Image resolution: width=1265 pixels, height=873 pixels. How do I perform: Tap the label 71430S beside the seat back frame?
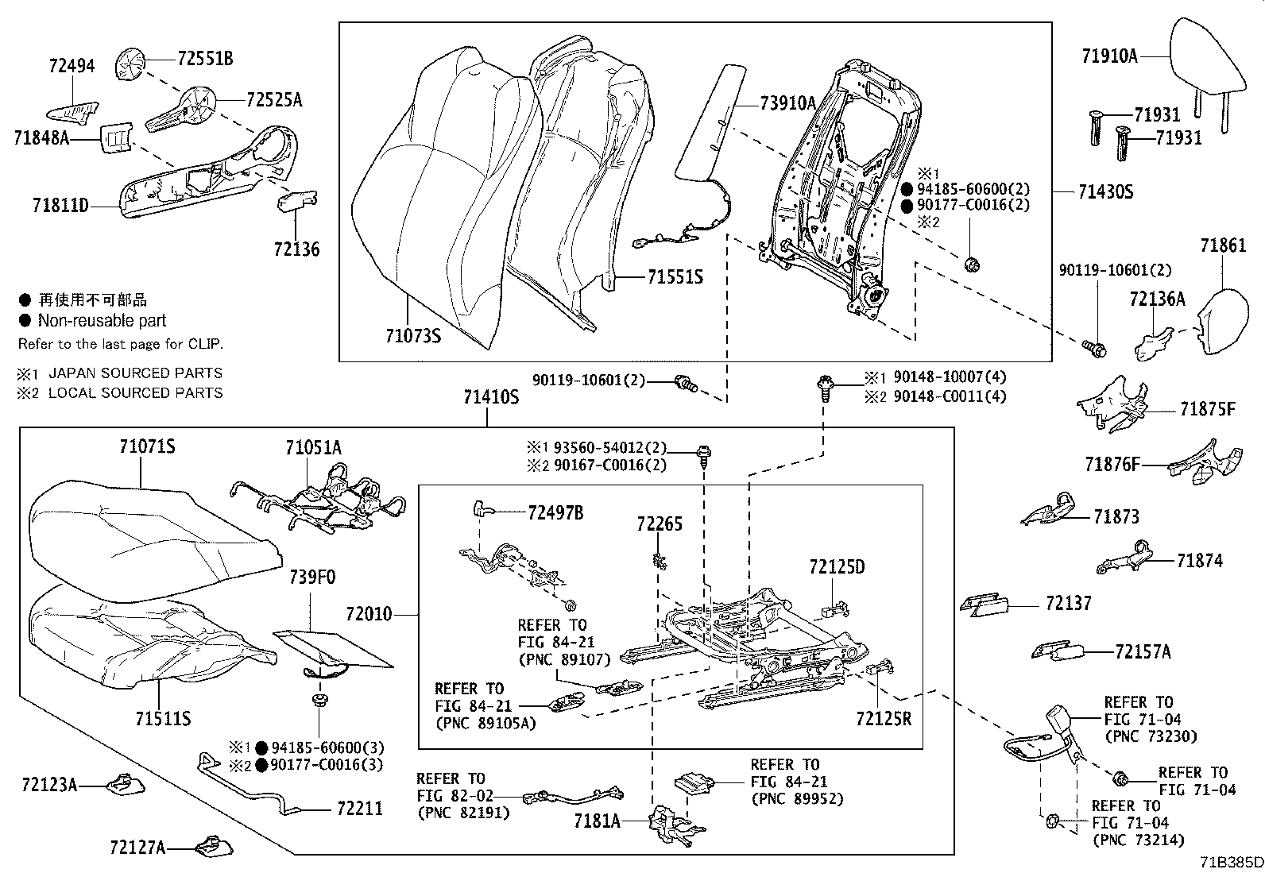[x=1105, y=192]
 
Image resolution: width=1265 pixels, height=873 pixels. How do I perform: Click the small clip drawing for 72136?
[x=294, y=201]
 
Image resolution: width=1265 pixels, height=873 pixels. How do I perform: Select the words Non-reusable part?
[x=102, y=321]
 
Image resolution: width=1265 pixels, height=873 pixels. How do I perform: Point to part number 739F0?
[x=311, y=577]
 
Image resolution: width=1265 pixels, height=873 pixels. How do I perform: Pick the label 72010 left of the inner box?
[x=369, y=614]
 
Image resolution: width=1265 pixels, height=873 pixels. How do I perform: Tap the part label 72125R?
[x=884, y=719]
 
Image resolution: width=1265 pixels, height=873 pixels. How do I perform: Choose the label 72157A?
[x=1143, y=652]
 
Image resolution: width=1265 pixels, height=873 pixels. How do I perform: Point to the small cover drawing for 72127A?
[x=213, y=847]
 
